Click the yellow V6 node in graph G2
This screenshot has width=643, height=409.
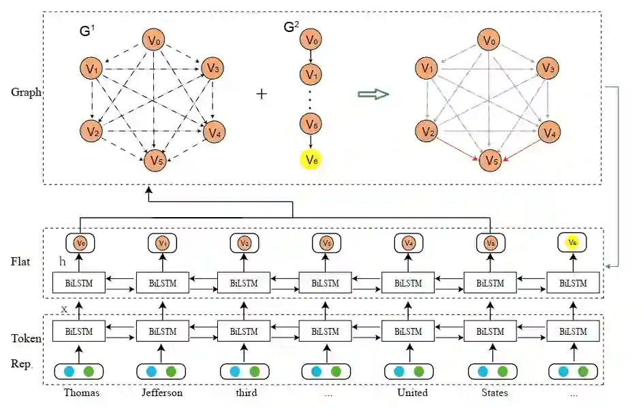(311, 160)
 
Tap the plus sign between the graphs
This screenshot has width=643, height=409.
(261, 93)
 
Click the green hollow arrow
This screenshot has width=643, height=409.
(373, 93)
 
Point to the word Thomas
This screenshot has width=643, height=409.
(82, 393)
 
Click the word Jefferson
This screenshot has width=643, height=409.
(162, 393)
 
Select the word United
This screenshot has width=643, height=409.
(412, 393)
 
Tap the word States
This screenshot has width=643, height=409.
(492, 393)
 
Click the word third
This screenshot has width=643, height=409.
(247, 393)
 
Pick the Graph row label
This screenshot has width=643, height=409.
(26, 93)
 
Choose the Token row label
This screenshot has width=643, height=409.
(26, 338)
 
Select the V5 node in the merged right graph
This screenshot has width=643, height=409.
(490, 161)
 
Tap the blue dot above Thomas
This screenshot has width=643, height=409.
(69, 372)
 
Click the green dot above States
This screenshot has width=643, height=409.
(503, 372)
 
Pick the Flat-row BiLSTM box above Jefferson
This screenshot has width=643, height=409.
(162, 282)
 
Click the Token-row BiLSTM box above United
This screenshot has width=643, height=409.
(407, 331)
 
